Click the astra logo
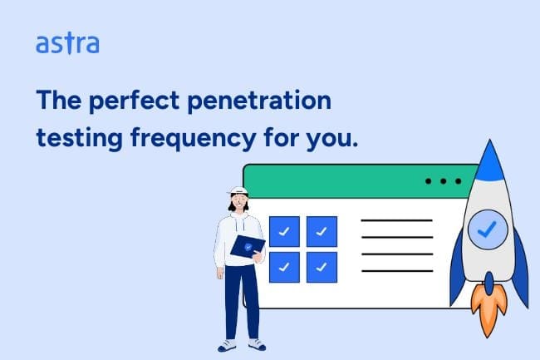(x=67, y=43)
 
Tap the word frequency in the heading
(x=194, y=138)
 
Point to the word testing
(x=79, y=139)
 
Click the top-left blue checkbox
(x=284, y=231)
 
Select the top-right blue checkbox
(x=322, y=231)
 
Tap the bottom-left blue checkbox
(x=284, y=268)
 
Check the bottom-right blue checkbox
(x=322, y=268)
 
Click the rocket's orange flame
(x=488, y=308)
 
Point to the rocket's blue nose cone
(x=489, y=162)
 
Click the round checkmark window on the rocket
(x=488, y=229)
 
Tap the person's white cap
(x=238, y=190)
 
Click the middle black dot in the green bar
(x=444, y=181)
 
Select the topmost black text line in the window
(x=396, y=220)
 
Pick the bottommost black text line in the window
(x=397, y=271)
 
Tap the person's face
(x=238, y=201)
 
